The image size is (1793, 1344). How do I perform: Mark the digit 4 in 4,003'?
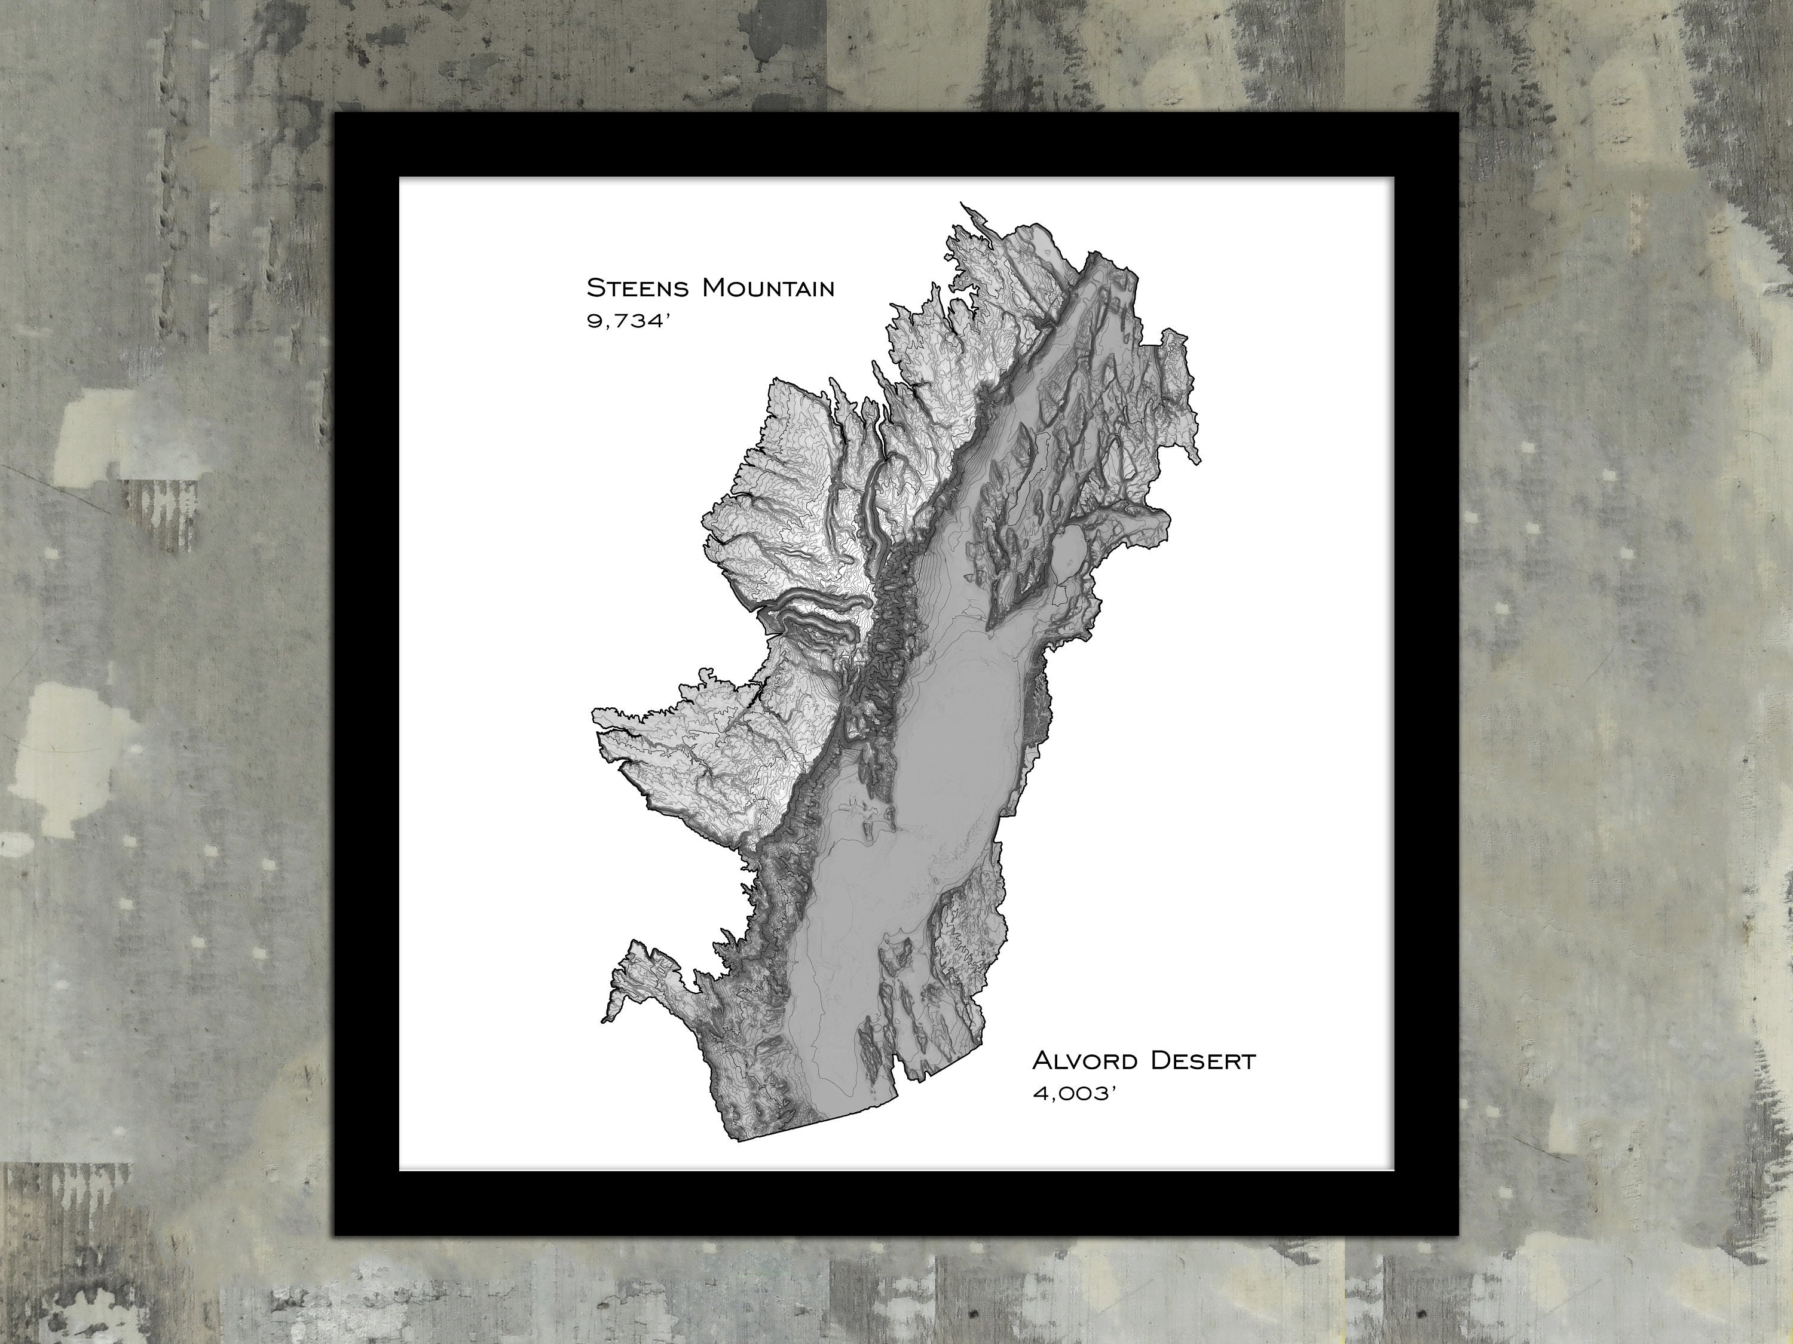pos(1039,1094)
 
